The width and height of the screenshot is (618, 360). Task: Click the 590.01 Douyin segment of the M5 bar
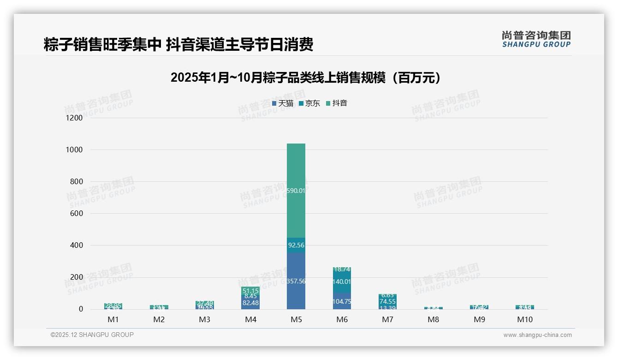[296, 190]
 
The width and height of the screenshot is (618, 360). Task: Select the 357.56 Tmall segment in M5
[296, 281]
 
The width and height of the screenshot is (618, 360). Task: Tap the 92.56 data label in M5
[296, 245]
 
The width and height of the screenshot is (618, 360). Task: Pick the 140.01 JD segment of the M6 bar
[342, 282]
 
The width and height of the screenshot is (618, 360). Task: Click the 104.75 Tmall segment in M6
[342, 300]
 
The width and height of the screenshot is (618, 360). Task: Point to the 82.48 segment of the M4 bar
[250, 303]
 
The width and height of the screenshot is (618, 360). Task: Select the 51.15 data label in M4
[250, 291]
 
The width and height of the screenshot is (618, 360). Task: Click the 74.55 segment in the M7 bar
[387, 301]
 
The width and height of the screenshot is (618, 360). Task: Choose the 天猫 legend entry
[283, 103]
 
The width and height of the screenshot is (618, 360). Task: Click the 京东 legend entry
[309, 103]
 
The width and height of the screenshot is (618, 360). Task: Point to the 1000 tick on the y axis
[74, 150]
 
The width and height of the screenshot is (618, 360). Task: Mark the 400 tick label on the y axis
[75, 246]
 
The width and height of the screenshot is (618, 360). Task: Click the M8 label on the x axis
[433, 319]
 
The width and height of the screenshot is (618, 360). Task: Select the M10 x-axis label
[525, 319]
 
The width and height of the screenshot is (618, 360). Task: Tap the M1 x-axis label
[113, 319]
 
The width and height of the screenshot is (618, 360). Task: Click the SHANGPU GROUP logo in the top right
[536, 39]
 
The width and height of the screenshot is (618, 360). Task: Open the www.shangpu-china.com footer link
[537, 335]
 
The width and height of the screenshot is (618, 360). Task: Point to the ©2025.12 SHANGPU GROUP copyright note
[92, 335]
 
